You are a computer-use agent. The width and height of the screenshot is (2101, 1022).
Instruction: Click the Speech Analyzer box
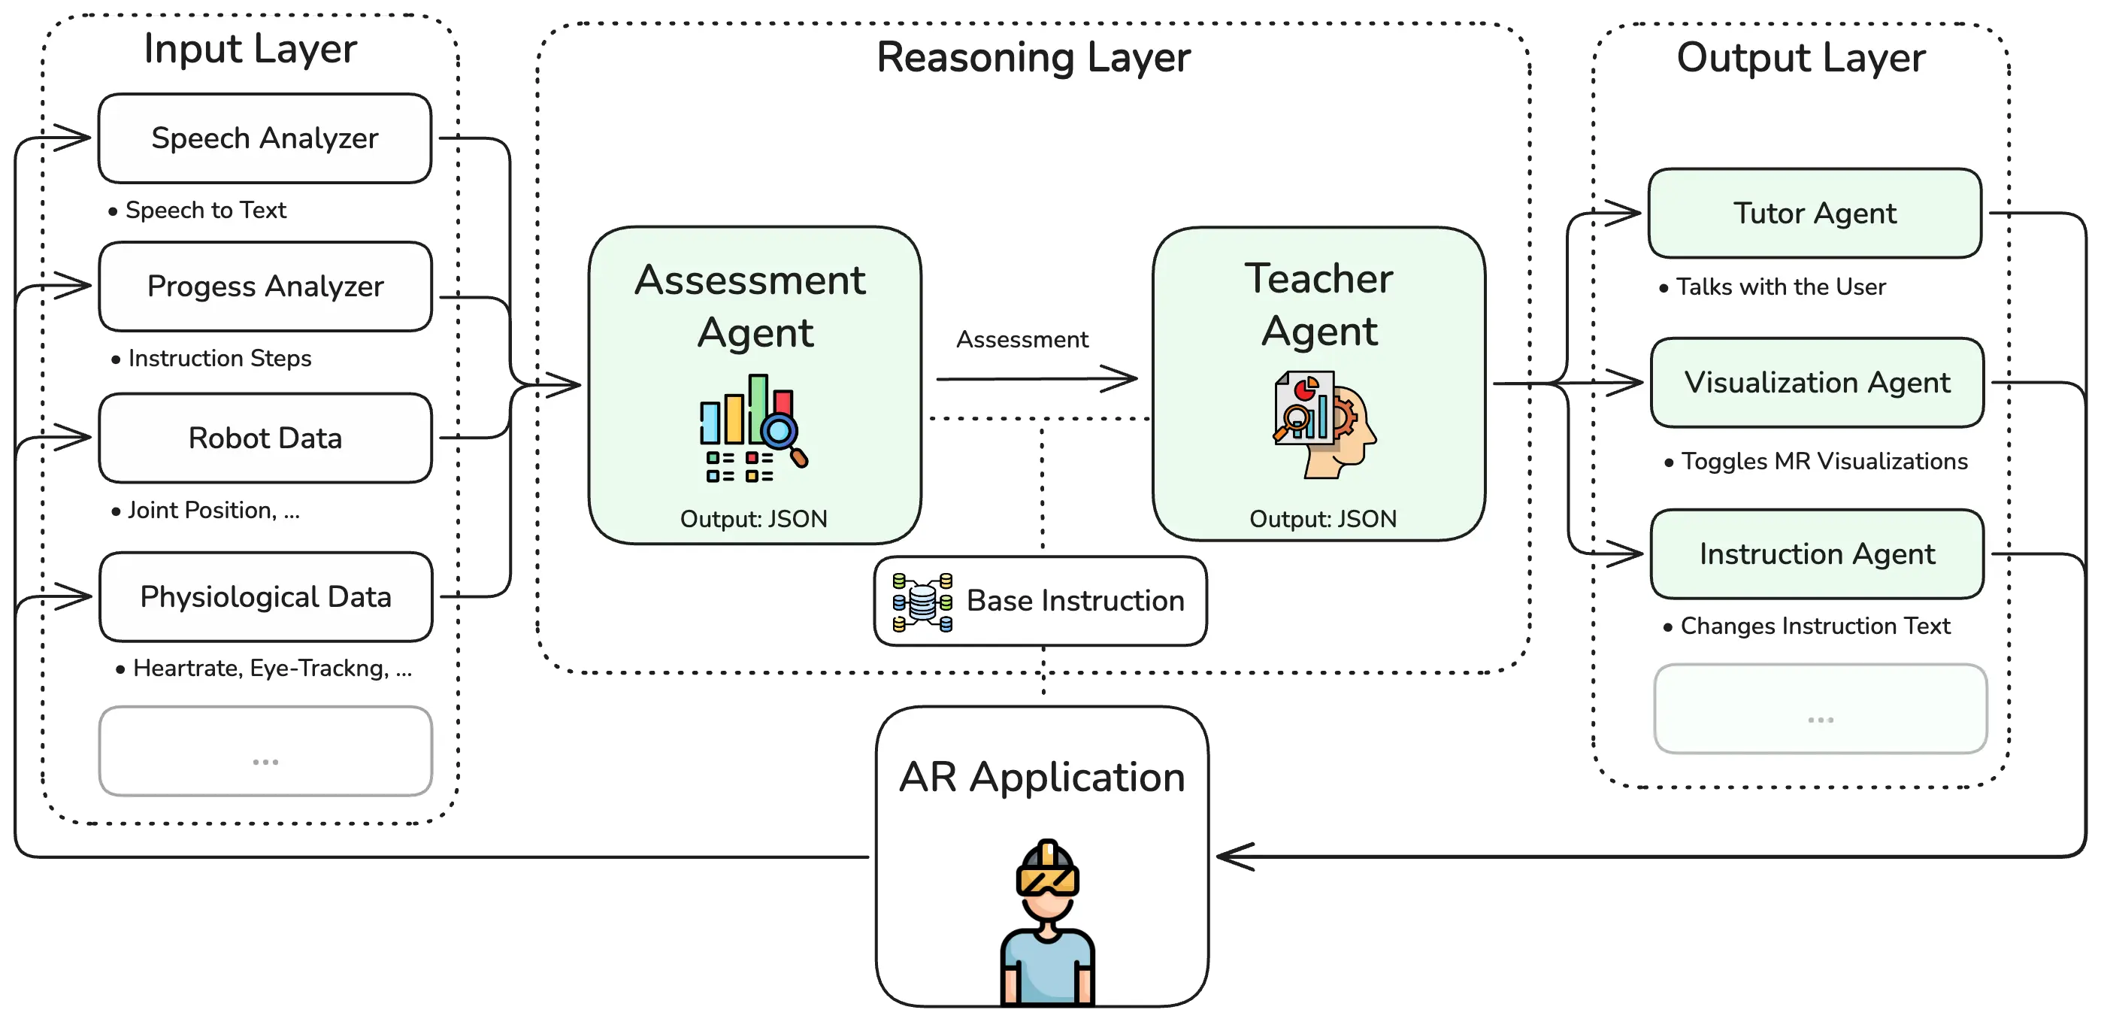pos(265,138)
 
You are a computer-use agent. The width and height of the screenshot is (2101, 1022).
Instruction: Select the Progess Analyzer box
pos(265,287)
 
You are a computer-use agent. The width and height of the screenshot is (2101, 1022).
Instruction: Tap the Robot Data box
pos(265,438)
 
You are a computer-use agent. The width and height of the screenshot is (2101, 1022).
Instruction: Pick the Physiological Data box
pos(265,597)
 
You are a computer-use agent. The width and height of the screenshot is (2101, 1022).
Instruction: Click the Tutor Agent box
pos(1815,214)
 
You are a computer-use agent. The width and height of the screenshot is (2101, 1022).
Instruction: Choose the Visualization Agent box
pos(1817,383)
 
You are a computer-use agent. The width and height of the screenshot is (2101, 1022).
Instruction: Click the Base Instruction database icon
pos(922,602)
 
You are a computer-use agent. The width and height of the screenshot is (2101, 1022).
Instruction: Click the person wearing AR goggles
pos(1047,922)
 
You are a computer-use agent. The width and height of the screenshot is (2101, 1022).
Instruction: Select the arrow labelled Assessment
pos(1036,378)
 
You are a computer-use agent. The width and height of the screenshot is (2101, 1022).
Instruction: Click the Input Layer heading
pos(250,49)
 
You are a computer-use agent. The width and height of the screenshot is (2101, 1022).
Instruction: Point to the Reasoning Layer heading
pos(1034,58)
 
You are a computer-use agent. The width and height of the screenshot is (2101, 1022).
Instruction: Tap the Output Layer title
pos(1801,58)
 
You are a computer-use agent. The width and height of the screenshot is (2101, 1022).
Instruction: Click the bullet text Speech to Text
pos(205,211)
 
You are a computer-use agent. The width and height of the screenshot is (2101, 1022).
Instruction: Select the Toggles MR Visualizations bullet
pos(1824,462)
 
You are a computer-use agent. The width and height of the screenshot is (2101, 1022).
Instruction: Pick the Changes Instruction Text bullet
pos(1815,626)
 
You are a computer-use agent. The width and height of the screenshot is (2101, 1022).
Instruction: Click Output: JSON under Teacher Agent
pos(1323,519)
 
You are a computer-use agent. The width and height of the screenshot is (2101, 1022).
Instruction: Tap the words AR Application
pos(1042,777)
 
